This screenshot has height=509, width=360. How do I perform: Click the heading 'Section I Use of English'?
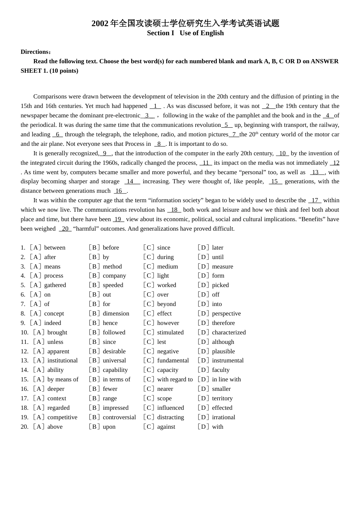185,33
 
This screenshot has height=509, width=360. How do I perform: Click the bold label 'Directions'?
34,52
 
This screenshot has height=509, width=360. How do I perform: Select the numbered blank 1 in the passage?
155,106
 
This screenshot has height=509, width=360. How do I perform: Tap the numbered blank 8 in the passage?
160,144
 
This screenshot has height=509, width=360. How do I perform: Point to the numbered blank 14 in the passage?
131,181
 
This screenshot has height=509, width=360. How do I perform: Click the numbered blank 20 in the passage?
65,229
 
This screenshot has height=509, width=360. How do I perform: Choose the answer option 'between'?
55,248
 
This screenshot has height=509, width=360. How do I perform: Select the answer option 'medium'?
167,267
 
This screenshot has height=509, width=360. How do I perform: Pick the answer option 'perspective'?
226,314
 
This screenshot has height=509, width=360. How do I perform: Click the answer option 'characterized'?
229,333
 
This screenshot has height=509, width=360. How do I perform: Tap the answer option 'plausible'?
223,351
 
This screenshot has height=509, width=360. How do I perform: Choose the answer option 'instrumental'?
228,361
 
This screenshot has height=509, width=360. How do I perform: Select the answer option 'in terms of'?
116,379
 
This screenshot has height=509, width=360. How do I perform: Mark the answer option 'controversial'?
119,417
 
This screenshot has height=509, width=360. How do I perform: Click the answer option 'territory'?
222,398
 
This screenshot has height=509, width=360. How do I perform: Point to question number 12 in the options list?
24,351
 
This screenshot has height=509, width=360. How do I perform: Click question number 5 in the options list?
23,285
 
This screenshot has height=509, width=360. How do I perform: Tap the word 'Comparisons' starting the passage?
49,97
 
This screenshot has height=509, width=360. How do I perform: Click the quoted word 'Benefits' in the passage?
312,219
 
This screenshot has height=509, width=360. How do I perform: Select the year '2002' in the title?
100,23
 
